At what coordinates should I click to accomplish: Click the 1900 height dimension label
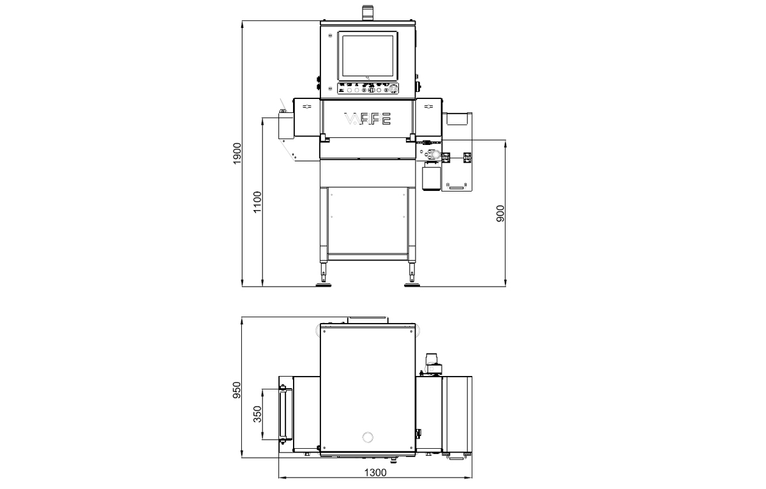[x=236, y=154]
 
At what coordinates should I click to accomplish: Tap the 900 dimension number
[x=500, y=213]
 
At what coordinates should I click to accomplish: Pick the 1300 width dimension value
[x=375, y=472]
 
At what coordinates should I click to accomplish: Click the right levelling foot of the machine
[x=412, y=282]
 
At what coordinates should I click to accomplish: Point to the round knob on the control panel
[x=394, y=89]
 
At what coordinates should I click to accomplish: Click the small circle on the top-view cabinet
[x=367, y=437]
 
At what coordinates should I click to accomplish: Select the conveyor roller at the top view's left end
[x=282, y=413]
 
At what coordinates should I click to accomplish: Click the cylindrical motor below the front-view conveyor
[x=432, y=176]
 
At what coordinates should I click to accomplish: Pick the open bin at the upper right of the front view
[x=458, y=118]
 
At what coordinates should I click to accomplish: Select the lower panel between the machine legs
[x=367, y=220]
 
